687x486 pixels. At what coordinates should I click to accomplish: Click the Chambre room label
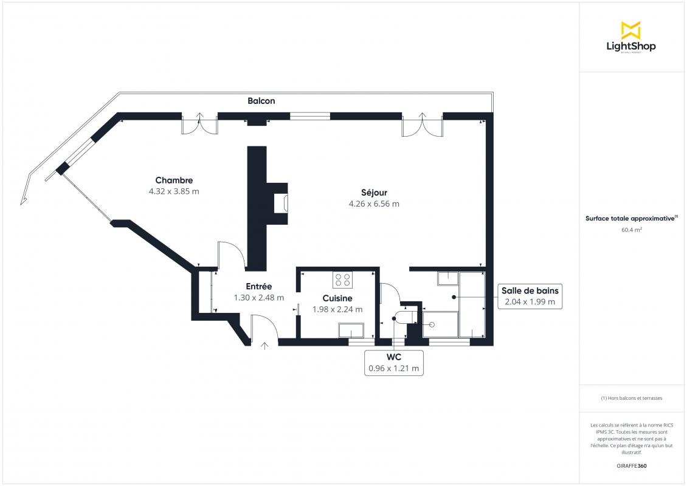(x=174, y=180)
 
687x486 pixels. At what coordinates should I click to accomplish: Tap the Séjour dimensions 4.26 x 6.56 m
(x=374, y=204)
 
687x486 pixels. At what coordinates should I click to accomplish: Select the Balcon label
(x=261, y=101)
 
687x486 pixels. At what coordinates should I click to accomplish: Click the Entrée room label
(x=259, y=286)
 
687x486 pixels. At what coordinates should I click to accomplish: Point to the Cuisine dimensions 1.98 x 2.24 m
(x=337, y=309)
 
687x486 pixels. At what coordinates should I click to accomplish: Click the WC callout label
(x=394, y=357)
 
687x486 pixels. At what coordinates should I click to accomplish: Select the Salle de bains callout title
(x=530, y=291)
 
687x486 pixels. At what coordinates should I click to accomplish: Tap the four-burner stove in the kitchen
(x=343, y=280)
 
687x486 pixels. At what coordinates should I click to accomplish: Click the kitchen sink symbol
(x=351, y=330)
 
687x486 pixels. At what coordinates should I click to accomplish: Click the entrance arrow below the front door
(x=264, y=346)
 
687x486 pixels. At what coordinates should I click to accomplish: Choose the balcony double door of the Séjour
(x=423, y=125)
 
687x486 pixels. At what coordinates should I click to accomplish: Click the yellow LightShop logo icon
(x=631, y=30)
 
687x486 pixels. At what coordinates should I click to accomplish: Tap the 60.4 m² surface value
(x=631, y=230)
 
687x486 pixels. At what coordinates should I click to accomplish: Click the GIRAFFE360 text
(x=631, y=466)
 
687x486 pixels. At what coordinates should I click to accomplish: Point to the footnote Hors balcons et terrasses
(x=631, y=398)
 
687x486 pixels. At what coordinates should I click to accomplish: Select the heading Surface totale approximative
(x=630, y=219)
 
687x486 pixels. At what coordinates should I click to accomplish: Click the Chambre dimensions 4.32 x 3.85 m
(x=174, y=191)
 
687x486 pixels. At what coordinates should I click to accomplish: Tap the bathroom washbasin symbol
(x=447, y=279)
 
